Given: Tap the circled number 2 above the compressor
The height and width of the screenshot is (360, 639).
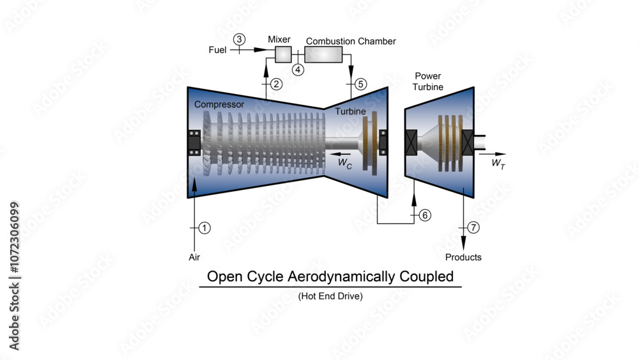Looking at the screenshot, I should pyautogui.click(x=276, y=84).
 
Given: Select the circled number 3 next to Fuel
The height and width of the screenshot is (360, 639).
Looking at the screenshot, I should pyautogui.click(x=239, y=39).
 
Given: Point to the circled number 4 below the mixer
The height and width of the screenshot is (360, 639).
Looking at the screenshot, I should pyautogui.click(x=298, y=69).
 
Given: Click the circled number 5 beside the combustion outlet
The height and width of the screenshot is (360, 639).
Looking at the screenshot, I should pyautogui.click(x=361, y=84).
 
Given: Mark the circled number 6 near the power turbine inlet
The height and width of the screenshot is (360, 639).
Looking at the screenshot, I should pyautogui.click(x=425, y=215).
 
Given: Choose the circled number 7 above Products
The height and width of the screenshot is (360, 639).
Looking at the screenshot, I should pyautogui.click(x=473, y=228).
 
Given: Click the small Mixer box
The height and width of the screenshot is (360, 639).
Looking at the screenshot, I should pyautogui.click(x=283, y=55).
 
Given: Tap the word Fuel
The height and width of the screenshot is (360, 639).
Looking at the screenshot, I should pyautogui.click(x=217, y=49).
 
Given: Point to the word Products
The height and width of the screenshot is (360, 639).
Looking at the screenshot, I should pyautogui.click(x=464, y=257).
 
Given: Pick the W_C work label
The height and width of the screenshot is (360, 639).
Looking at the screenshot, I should pyautogui.click(x=345, y=163).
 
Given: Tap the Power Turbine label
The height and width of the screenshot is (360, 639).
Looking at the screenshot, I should pyautogui.click(x=428, y=81).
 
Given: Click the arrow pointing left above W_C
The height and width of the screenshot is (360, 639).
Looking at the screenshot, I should pyautogui.click(x=341, y=153).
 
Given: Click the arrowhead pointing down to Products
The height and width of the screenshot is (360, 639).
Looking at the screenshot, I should pyautogui.click(x=463, y=244).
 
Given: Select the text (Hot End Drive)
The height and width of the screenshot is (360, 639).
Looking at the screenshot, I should pyautogui.click(x=330, y=297).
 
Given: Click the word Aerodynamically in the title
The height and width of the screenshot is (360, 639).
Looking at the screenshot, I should pyautogui.click(x=346, y=277).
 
